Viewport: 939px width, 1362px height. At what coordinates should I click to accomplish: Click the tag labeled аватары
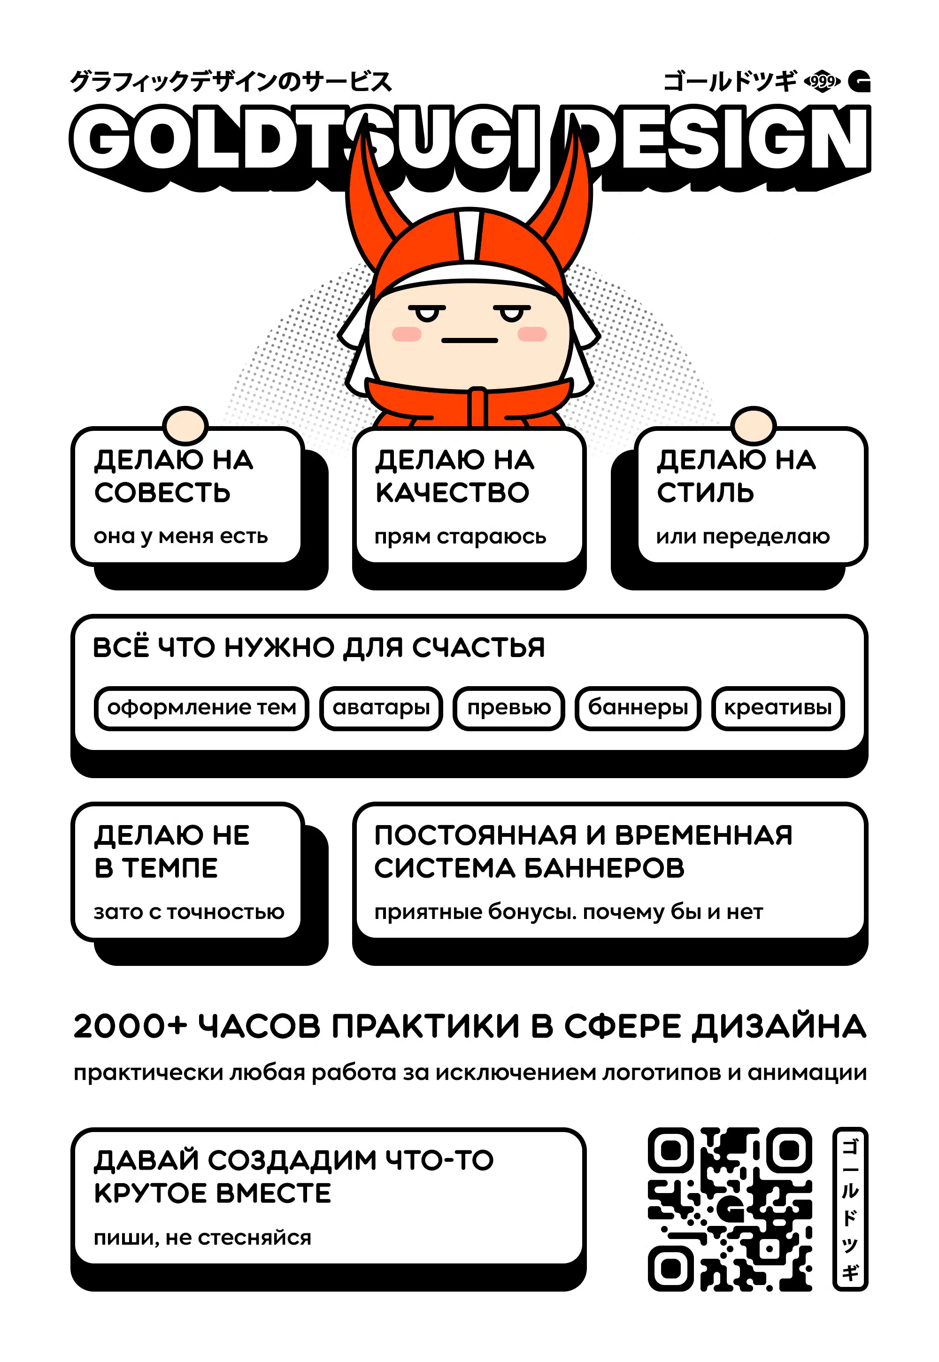[x=381, y=708]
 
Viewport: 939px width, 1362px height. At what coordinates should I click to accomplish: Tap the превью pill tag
[x=509, y=708]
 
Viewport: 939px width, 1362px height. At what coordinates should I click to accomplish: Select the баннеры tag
[x=638, y=708]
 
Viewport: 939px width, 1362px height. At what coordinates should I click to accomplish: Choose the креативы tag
[x=778, y=708]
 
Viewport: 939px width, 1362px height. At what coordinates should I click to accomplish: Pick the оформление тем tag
[x=201, y=708]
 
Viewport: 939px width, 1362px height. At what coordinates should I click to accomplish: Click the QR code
[x=730, y=1209]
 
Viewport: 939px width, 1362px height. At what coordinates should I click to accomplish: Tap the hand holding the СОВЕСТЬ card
[x=185, y=425]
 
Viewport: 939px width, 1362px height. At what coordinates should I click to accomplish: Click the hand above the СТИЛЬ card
[x=754, y=425]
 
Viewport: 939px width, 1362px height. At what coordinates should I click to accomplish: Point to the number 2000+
[x=130, y=1026]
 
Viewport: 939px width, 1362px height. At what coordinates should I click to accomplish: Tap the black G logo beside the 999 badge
[x=860, y=82]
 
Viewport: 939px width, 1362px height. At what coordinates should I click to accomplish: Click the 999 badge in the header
[x=822, y=81]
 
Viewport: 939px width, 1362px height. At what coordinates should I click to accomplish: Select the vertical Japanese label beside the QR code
[x=850, y=1209]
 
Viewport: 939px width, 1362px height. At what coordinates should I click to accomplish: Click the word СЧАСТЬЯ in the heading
[x=478, y=648]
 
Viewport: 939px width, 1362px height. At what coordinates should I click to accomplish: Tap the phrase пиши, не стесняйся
[x=202, y=1238]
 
